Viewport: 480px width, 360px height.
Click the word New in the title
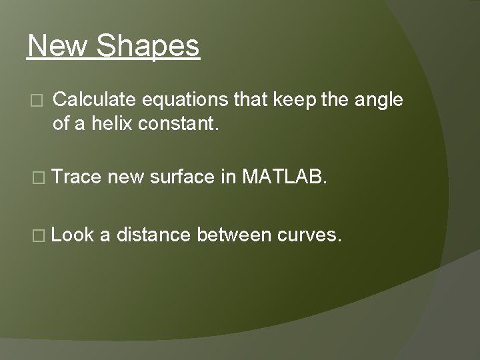(x=58, y=47)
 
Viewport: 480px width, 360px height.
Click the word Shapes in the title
(x=149, y=47)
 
